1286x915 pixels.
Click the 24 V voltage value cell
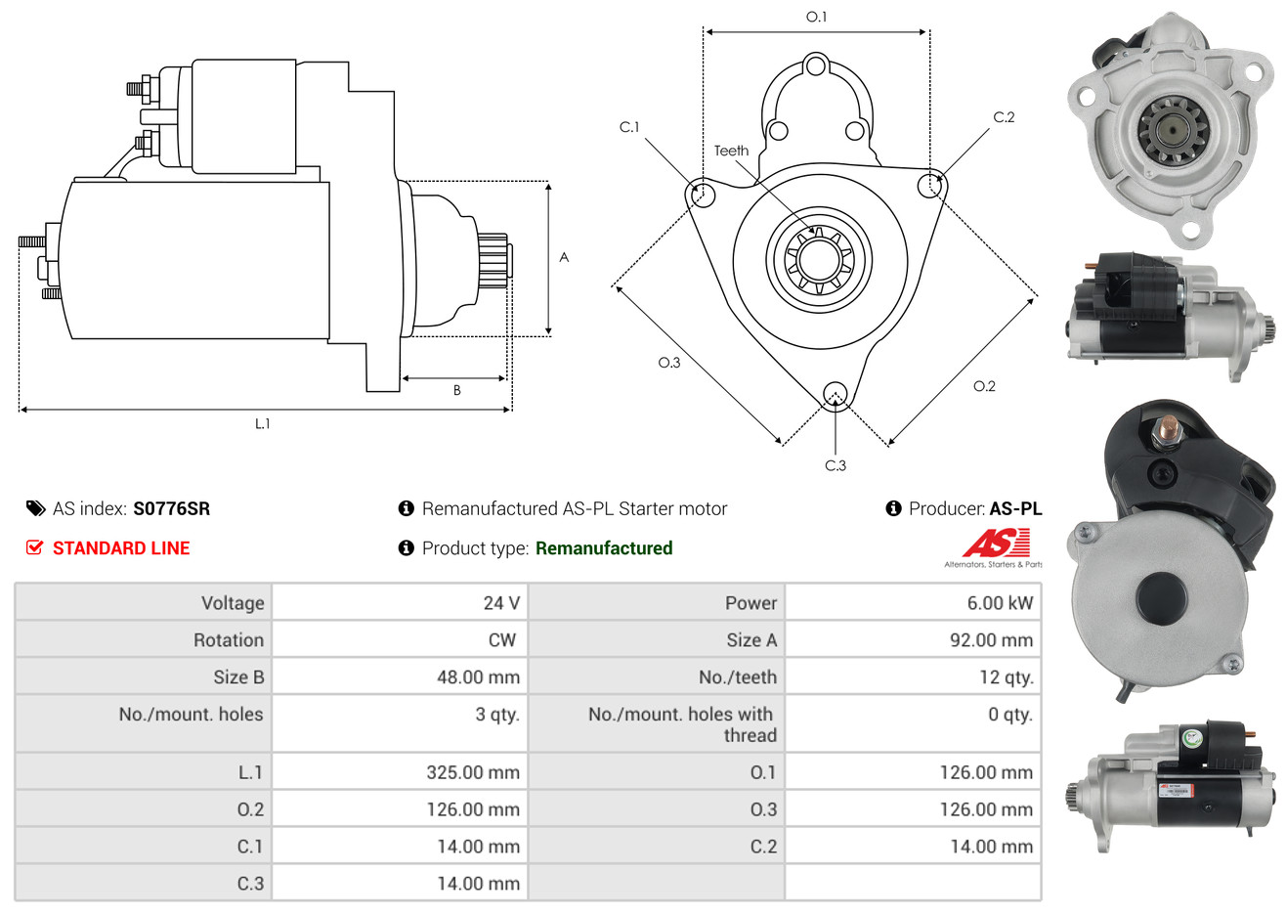501,602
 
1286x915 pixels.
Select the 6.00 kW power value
1000,602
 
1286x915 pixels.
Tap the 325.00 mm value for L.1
473,772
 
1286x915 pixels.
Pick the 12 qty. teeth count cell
1006,677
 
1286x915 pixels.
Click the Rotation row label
229,640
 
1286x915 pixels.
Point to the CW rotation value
501,640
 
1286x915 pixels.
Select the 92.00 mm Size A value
991,640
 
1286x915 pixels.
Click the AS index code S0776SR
172,508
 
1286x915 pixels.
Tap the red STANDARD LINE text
121,548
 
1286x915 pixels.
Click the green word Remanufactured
604,548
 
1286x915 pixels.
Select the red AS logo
996,543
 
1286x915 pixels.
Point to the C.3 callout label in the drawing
836,465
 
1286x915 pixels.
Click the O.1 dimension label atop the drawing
816,17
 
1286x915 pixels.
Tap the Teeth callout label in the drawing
731,151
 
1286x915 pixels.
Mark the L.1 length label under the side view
262,424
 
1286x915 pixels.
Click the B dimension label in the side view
457,391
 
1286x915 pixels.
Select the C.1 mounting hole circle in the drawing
701,194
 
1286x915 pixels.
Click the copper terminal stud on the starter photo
1166,428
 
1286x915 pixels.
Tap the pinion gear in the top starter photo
1174,130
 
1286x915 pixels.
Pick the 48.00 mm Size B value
478,677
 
